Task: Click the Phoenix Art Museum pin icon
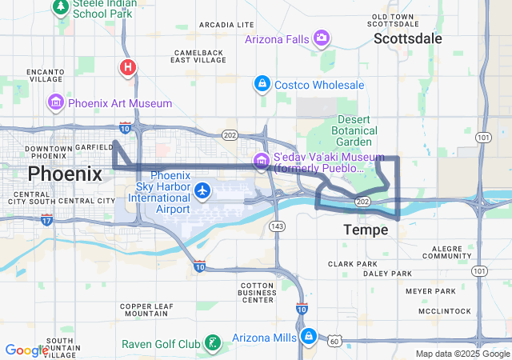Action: (56, 103)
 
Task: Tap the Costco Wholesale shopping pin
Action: (262, 83)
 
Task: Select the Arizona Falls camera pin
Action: (322, 38)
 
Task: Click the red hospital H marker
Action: (127, 67)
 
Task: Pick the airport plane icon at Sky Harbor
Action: (203, 190)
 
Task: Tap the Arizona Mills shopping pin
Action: (309, 337)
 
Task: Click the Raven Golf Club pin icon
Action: (212, 344)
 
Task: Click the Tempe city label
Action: (366, 230)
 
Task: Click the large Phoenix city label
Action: (66, 174)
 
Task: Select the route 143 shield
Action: (277, 227)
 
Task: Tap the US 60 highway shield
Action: (334, 342)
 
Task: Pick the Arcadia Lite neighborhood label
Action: (226, 25)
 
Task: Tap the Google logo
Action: (27, 350)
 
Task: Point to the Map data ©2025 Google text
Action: (462, 354)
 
